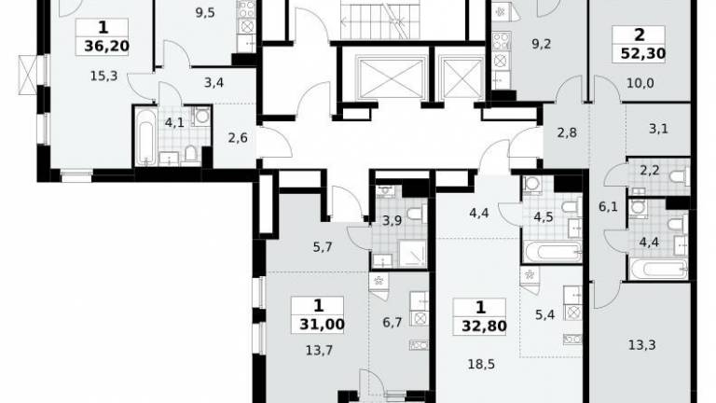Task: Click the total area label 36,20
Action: pyautogui.click(x=106, y=46)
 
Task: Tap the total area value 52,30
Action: pyautogui.click(x=643, y=54)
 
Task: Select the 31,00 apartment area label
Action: pyautogui.click(x=322, y=325)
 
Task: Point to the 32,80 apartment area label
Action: pyautogui.click(x=484, y=327)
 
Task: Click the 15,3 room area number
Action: pyautogui.click(x=103, y=76)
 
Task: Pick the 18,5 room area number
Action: pyautogui.click(x=481, y=364)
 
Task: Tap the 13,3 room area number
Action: pyautogui.click(x=642, y=345)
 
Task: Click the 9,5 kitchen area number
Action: pyautogui.click(x=205, y=13)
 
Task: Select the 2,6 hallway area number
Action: pyautogui.click(x=238, y=137)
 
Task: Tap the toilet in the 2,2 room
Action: pyautogui.click(x=681, y=176)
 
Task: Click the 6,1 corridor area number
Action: pyautogui.click(x=608, y=207)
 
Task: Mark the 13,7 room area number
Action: pyautogui.click(x=319, y=351)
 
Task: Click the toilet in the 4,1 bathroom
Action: pyautogui.click(x=191, y=154)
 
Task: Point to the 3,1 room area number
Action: pyautogui.click(x=658, y=129)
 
